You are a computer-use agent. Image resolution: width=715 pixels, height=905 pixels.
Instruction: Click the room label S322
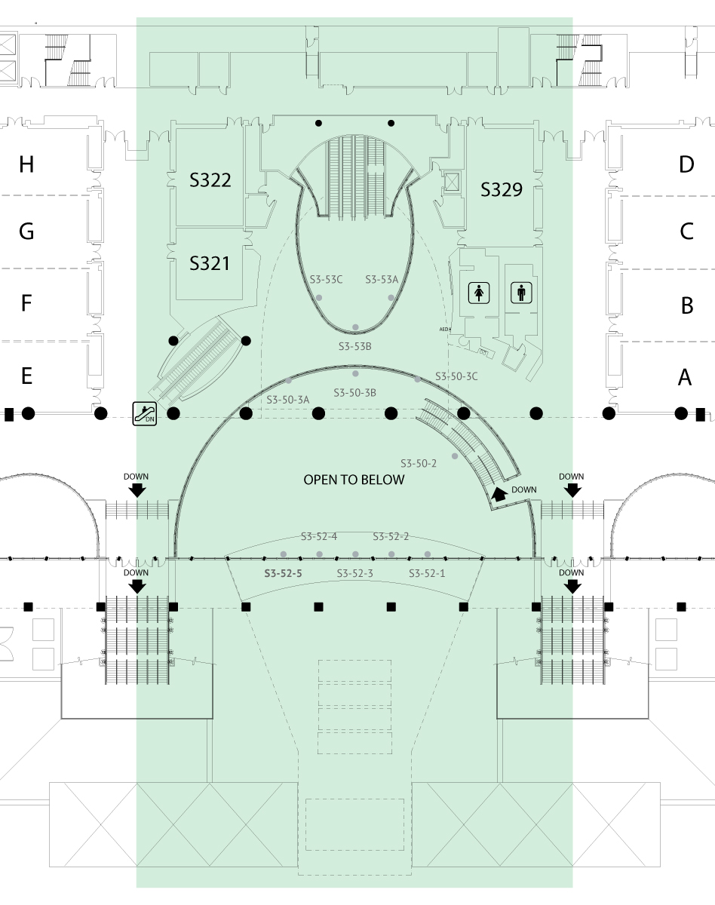pos(210,180)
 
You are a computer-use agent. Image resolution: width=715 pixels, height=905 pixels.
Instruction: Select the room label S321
pos(210,264)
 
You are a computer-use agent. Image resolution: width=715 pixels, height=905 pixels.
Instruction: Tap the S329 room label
pos(502,189)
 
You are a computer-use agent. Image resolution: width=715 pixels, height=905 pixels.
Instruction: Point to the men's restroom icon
pos(521,292)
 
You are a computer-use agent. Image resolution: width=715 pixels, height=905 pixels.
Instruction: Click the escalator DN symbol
pos(144,413)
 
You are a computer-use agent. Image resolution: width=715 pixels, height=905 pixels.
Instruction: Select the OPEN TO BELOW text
pos(354,480)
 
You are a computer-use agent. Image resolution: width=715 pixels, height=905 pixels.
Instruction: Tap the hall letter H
pos(26,164)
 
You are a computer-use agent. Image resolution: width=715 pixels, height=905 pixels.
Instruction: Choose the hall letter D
pos(686,164)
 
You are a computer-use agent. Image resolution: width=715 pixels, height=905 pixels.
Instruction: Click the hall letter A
pos(685,377)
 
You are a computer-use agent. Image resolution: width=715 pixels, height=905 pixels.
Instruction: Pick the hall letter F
pos(26,303)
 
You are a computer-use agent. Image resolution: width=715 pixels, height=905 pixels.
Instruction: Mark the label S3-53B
pos(354,346)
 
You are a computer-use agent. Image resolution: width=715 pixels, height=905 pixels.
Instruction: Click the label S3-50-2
pos(419,463)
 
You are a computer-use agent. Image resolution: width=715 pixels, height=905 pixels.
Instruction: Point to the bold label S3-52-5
pos(283,573)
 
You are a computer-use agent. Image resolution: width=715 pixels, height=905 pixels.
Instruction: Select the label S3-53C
pos(327,279)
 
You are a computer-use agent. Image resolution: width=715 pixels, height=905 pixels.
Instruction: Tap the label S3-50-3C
pos(456,376)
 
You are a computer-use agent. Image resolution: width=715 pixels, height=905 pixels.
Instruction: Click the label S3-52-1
pos(427,573)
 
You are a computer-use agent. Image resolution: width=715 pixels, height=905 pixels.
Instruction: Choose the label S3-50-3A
pos(288,399)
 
